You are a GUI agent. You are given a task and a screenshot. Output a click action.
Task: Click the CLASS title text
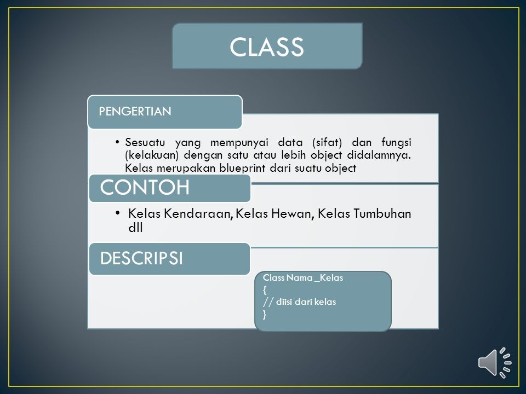pos(267,47)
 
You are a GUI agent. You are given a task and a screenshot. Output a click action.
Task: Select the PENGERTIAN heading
pos(135,111)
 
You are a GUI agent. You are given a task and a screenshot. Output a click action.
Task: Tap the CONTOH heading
pos(145,187)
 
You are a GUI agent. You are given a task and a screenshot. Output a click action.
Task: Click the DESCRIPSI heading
pos(141,258)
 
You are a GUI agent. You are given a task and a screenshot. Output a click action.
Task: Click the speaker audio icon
pos(494,363)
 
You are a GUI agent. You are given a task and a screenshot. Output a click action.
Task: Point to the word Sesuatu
pos(145,142)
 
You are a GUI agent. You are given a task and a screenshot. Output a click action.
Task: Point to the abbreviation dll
pos(135,228)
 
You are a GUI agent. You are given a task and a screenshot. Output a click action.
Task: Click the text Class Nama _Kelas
pos(303,278)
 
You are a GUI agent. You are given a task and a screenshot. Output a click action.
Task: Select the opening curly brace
pos(265,290)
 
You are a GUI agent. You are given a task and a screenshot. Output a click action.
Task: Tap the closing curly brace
pos(265,314)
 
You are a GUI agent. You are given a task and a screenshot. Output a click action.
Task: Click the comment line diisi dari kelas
pos(300,302)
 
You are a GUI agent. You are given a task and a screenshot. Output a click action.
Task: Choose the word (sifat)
pos(327,143)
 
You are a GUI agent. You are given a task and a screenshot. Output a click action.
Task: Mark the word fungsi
pos(396,143)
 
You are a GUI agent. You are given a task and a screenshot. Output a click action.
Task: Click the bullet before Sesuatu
pos(117,142)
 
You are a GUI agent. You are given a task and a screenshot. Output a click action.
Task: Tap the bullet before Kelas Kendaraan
pos(117,213)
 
